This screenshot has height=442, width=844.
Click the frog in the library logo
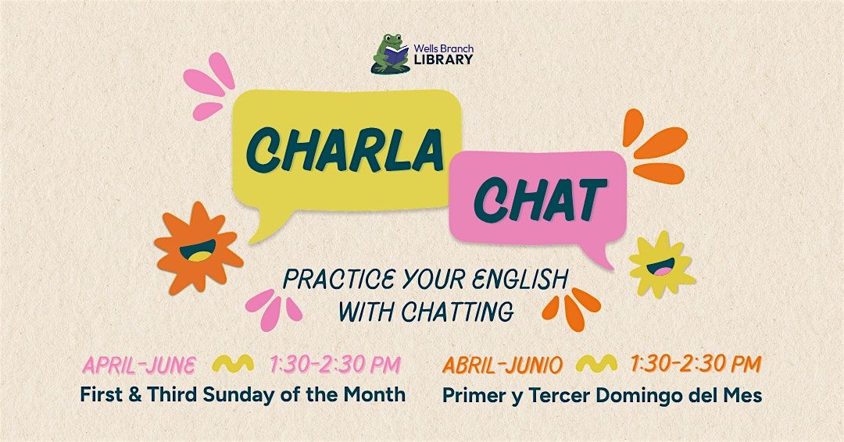pyautogui.click(x=390, y=54)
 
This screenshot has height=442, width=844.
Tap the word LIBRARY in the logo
pyautogui.click(x=444, y=59)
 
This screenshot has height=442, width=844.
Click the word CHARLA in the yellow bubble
pyautogui.click(x=345, y=151)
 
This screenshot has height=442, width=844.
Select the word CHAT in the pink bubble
pyautogui.click(x=540, y=200)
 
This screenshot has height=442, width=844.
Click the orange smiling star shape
pyautogui.click(x=198, y=248)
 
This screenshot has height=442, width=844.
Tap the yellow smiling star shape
pyautogui.click(x=662, y=264)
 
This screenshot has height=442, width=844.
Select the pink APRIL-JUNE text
pyautogui.click(x=138, y=365)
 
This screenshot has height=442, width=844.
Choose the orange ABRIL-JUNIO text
pyautogui.click(x=502, y=365)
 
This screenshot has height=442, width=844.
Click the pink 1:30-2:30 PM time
pyautogui.click(x=334, y=365)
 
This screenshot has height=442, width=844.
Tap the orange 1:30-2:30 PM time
pyautogui.click(x=696, y=365)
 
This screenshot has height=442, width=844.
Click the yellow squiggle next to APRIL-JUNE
pyautogui.click(x=233, y=364)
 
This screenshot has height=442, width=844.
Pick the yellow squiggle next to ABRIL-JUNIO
pyautogui.click(x=596, y=364)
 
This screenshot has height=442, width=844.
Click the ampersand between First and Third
pyautogui.click(x=137, y=395)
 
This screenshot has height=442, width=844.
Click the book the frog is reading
pyautogui.click(x=397, y=52)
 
